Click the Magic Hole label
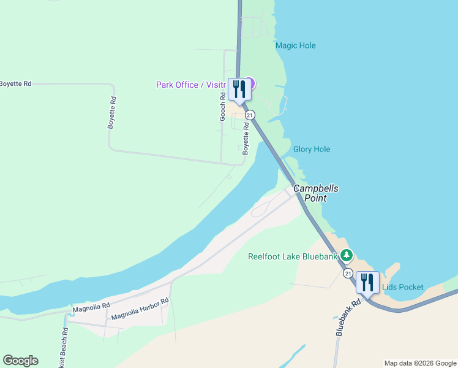(296, 45)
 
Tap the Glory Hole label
(312, 149)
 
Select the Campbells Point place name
(316, 193)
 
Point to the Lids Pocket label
(402, 287)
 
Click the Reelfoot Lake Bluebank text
(293, 256)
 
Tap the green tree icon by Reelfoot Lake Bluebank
(347, 255)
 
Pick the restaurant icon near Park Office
(238, 90)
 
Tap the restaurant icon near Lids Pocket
(367, 282)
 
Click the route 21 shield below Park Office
(250, 115)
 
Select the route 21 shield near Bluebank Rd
(348, 272)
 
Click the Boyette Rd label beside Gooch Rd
(246, 138)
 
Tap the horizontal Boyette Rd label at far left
(15, 83)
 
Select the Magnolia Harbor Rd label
(140, 309)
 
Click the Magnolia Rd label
(91, 307)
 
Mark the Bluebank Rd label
(347, 317)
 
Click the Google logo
(20, 361)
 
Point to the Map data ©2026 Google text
(420, 363)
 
